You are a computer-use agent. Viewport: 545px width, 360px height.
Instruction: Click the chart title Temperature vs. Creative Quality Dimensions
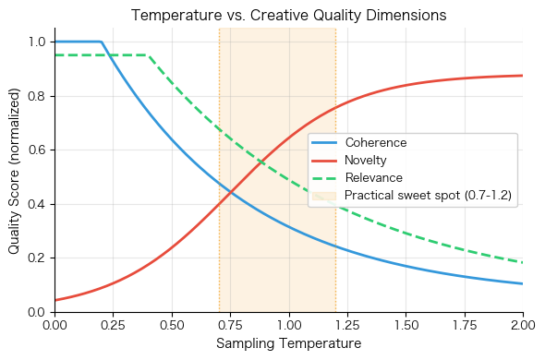coord(289,16)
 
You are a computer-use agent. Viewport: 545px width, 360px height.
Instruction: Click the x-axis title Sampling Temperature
coord(289,344)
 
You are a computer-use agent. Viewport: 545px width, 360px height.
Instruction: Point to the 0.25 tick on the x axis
coord(114,325)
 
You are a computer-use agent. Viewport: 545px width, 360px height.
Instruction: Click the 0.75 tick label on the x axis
coord(231,325)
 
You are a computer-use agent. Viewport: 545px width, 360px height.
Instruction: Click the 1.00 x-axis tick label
coord(289,325)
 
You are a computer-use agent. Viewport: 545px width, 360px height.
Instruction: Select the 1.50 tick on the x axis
coord(406,325)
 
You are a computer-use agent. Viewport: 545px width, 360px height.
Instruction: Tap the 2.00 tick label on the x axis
coord(523,325)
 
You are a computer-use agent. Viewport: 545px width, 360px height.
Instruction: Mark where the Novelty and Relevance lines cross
coord(261,163)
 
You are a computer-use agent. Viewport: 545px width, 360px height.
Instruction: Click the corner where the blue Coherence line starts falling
coord(102,42)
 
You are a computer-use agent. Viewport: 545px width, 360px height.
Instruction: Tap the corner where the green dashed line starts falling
coord(149,55)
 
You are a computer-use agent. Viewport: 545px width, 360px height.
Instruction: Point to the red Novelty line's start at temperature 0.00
coord(55,300)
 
